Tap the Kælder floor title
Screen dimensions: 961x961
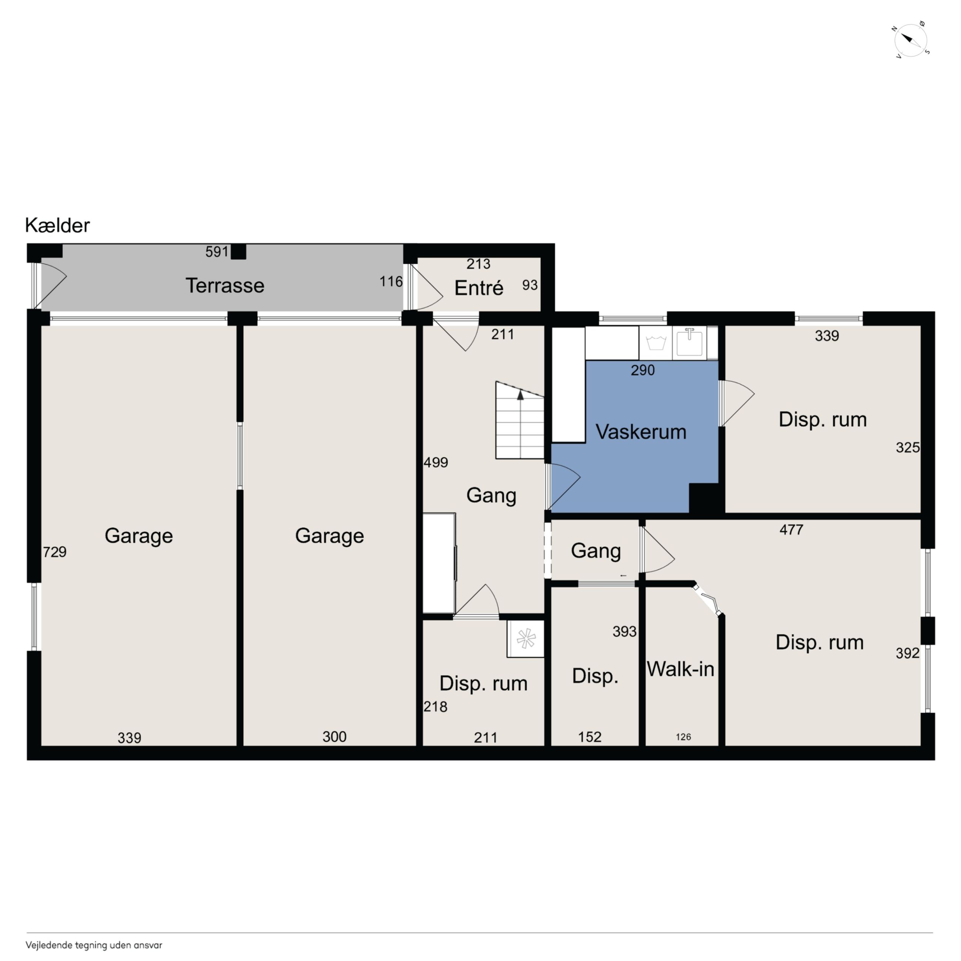57,225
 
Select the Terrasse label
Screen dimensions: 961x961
225,285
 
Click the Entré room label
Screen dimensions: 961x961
479,288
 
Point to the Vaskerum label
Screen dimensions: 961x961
641,432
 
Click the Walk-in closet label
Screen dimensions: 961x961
680,669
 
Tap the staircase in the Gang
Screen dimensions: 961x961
520,420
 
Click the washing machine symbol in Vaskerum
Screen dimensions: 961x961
656,343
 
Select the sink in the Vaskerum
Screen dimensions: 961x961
689,342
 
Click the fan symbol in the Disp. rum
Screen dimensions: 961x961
526,639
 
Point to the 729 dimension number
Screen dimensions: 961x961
55,551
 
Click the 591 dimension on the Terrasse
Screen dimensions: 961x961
217,252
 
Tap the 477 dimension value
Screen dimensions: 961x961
791,529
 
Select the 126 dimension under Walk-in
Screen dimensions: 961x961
683,737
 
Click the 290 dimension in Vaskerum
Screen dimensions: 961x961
643,370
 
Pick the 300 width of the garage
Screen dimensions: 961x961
334,736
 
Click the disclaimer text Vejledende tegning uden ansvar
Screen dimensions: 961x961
94,945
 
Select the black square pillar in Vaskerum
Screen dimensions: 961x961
703,498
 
